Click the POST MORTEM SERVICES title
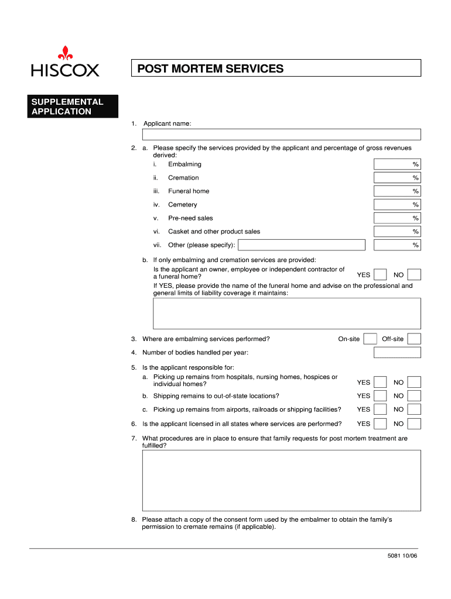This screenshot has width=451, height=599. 210,69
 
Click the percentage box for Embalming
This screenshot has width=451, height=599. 397,164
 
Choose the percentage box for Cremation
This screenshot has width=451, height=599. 397,178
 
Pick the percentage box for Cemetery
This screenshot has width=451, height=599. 397,205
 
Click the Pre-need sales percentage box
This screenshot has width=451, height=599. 397,218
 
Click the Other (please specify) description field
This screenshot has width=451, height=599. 302,245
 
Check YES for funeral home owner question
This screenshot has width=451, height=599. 380,274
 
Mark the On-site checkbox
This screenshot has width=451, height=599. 370,339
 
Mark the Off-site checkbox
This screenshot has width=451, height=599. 414,339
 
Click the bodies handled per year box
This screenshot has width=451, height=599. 397,352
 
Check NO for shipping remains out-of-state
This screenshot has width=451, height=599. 414,396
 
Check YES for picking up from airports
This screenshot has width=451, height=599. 380,409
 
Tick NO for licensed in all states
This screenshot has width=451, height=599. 414,424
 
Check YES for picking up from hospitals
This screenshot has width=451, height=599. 380,382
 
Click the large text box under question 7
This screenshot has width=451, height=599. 281,480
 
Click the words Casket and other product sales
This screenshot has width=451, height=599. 214,232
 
